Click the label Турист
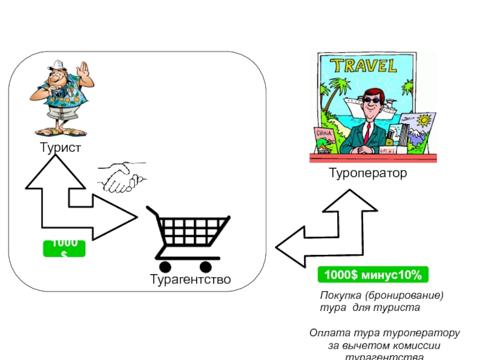[x=60, y=148]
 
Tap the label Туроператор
[x=367, y=173]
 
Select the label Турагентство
[x=190, y=280]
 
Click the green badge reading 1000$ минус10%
[x=373, y=275]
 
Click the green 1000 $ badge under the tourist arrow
[x=64, y=248]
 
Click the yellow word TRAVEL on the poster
[x=364, y=65]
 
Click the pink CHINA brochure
[x=323, y=135]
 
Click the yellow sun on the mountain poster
[x=425, y=121]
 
